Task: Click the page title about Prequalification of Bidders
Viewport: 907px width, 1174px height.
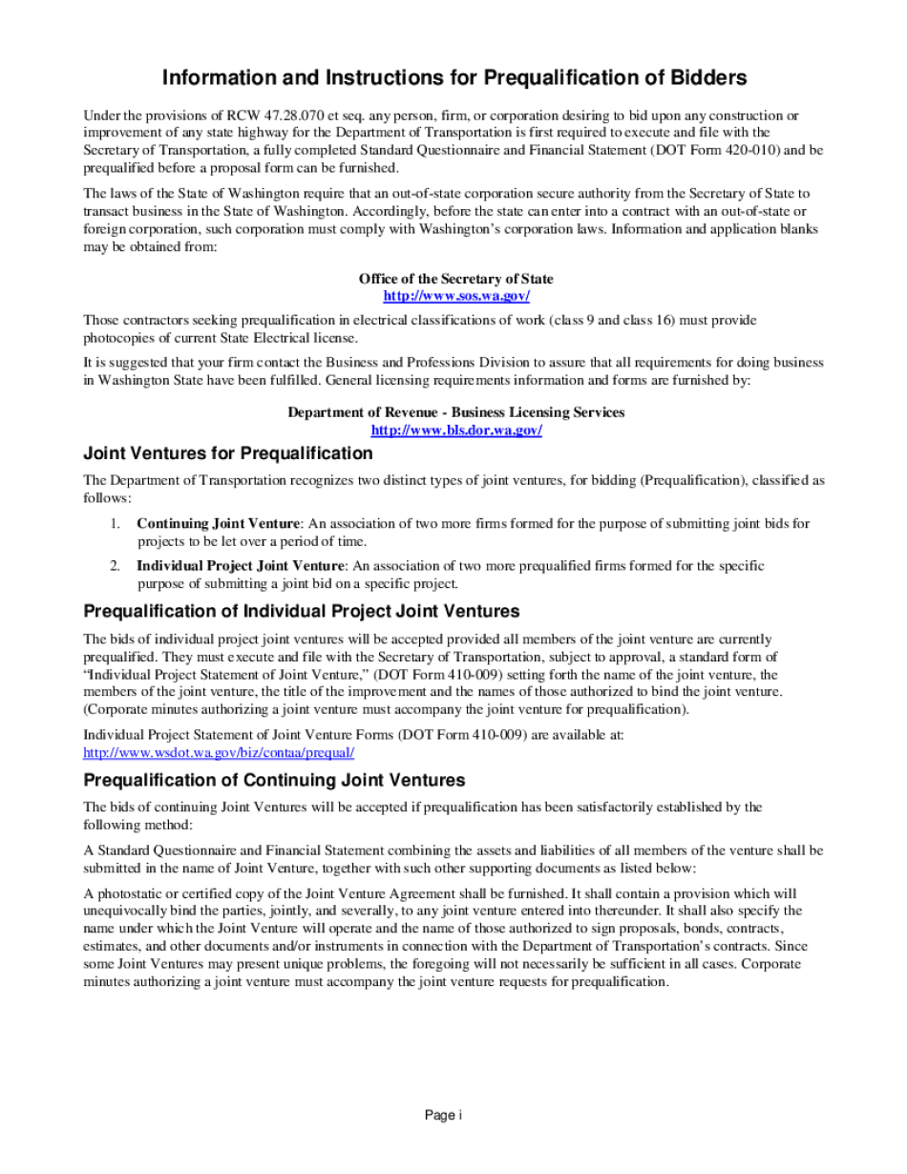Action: click(x=453, y=77)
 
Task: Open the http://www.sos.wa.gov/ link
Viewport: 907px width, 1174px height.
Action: click(x=455, y=296)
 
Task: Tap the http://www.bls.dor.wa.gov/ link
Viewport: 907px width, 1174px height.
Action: click(x=455, y=430)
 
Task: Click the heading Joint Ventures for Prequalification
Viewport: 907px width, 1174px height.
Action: click(x=227, y=452)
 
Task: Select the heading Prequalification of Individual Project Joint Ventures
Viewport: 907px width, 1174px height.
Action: click(x=301, y=611)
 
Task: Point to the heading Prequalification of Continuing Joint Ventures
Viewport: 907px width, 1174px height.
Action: click(x=274, y=780)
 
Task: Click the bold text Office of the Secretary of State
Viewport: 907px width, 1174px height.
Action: click(x=455, y=279)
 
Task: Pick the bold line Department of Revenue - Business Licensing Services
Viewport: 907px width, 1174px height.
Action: click(x=455, y=412)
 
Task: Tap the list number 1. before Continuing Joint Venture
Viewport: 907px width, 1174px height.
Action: click(x=114, y=523)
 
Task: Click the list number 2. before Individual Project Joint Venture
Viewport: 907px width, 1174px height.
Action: click(x=114, y=566)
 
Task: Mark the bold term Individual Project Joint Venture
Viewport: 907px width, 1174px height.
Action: click(x=240, y=566)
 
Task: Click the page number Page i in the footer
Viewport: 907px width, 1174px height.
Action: click(x=443, y=1115)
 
